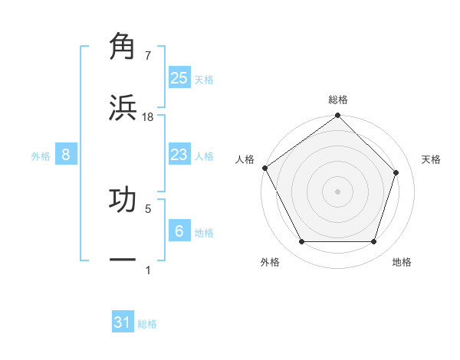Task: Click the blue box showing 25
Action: [179, 77]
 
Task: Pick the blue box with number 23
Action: [179, 155]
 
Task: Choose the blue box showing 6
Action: [179, 231]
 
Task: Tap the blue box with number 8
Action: [66, 155]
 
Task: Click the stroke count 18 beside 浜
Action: [148, 117]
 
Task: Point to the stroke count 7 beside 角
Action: [148, 56]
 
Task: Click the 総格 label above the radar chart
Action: [338, 100]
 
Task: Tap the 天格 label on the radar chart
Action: [431, 159]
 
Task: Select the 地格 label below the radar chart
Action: [402, 262]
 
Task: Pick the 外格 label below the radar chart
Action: [270, 262]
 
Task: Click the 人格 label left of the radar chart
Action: [245, 159]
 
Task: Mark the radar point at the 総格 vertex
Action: [338, 116]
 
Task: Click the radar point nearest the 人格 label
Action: [265, 168]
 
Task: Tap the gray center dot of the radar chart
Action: [338, 191]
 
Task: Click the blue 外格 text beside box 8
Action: [41, 155]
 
